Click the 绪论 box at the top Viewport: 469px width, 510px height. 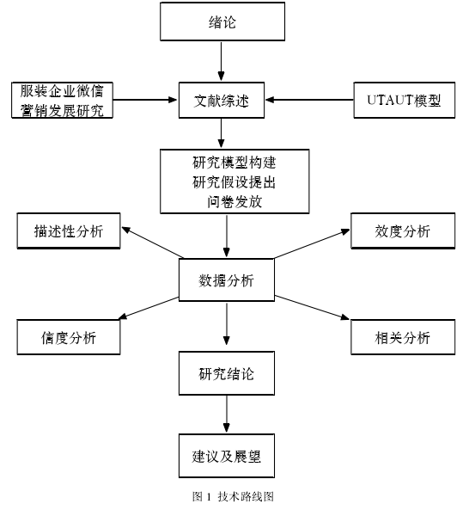pos(222,22)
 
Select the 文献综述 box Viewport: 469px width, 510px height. pos(222,100)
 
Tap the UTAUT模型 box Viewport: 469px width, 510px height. pos(404,100)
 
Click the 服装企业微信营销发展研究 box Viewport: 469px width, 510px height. pos(62,100)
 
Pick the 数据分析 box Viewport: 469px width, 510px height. pos(227,280)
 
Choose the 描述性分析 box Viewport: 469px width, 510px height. pos(69,231)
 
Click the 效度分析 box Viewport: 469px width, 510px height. pos(403,231)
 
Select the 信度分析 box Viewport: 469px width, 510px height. pos(69,337)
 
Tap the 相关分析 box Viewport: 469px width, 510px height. pos(403,337)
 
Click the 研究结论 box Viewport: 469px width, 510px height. pos(227,373)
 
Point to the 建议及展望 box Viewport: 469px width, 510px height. pos(227,456)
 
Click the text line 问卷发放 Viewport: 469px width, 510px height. pos(234,202)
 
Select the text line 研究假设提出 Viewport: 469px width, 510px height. pos(234,182)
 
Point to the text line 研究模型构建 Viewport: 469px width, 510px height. pos(234,163)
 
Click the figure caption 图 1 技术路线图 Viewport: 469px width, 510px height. pos(233,496)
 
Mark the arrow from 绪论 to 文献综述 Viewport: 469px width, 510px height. pos(221,61)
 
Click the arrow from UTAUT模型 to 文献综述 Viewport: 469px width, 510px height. pos(309,100)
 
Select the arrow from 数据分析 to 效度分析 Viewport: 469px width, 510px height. pos(312,243)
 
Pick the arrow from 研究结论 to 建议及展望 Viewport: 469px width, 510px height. pos(227,414)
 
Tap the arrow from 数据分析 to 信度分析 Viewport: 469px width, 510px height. pos(149,308)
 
